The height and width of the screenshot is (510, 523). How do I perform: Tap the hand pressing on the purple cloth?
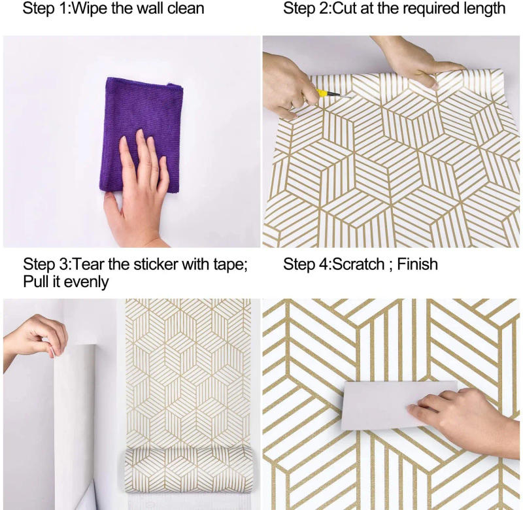141,190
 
